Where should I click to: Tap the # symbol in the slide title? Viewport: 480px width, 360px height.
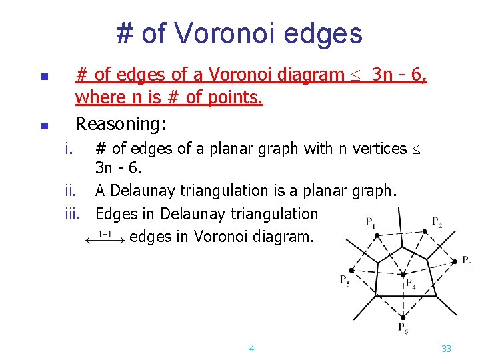123,33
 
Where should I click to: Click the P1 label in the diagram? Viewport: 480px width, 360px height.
370,222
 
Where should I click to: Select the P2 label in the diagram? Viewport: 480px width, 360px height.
437,221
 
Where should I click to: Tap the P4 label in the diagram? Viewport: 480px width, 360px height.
411,283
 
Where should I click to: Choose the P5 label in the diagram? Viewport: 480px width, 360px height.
345,280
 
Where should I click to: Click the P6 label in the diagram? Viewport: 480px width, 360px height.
404,327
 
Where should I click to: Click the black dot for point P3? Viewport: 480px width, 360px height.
455,261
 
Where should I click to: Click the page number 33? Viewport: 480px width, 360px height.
447,348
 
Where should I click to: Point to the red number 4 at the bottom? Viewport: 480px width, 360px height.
251,348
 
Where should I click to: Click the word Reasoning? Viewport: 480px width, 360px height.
121,123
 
